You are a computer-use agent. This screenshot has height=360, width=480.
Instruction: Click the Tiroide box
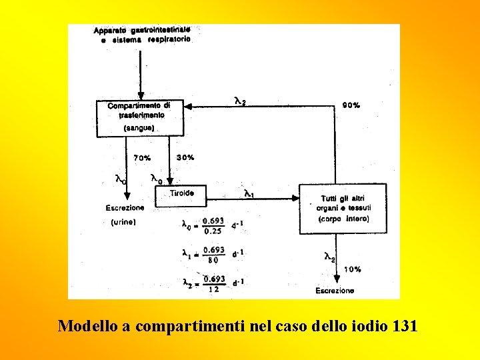[x=181, y=194]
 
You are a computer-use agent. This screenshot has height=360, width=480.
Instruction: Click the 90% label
[x=351, y=105]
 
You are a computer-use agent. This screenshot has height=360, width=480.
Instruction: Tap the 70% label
[x=142, y=158]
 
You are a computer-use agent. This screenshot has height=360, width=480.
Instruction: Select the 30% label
[x=185, y=157]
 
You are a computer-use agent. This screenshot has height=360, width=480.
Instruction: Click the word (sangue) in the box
[x=139, y=127]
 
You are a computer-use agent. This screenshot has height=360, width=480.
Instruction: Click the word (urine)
[x=123, y=223]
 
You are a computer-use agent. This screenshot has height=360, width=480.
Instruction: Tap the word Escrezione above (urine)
[x=125, y=207]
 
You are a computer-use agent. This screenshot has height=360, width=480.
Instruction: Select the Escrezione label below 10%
[x=335, y=291]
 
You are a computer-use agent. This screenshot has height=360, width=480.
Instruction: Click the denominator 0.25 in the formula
[x=213, y=231]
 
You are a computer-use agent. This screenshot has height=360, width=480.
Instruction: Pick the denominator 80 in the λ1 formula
[x=213, y=260]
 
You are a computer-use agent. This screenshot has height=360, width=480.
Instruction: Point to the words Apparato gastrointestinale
[x=142, y=30]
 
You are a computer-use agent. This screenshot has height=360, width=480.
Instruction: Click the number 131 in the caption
[x=405, y=326]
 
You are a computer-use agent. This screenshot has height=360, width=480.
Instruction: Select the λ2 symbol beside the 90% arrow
[x=240, y=101]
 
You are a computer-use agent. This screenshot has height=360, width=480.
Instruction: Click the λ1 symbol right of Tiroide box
[x=248, y=194]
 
